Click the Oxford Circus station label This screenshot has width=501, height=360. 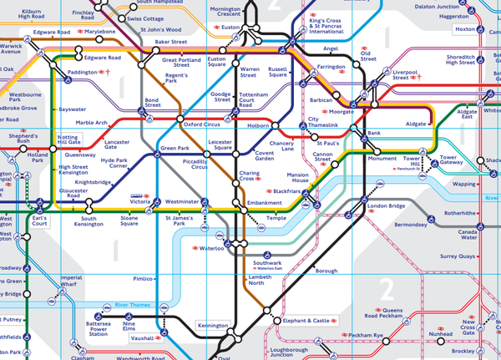point(200,124)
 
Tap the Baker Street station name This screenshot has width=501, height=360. point(171,41)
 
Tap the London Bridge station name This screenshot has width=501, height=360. point(386,205)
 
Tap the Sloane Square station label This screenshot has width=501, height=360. point(129,221)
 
